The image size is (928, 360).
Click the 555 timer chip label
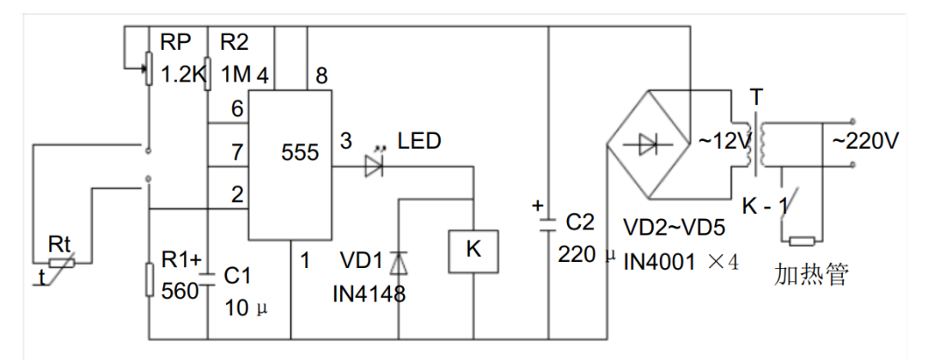point(300,153)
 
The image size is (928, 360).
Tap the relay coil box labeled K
point(473,250)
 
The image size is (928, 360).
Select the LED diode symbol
point(374,167)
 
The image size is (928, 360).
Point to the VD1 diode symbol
point(399,261)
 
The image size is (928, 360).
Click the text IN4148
point(369,294)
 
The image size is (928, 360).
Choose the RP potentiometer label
point(177,43)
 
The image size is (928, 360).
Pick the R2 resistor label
point(236,43)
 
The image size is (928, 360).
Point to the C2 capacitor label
point(581,224)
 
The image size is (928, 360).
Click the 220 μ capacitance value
point(587,254)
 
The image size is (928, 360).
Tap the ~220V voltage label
point(862,140)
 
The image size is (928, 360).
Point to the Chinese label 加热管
point(811,275)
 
